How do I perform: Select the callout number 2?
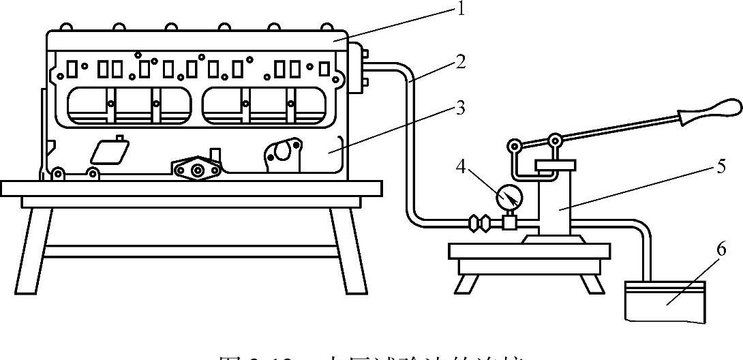pos(461,63)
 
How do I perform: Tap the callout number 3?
pos(461,107)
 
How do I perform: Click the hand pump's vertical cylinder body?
pos(555,205)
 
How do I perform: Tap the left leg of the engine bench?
pos(35,249)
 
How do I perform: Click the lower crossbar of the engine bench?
pos(191,251)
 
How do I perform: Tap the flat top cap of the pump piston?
pos(556,164)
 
